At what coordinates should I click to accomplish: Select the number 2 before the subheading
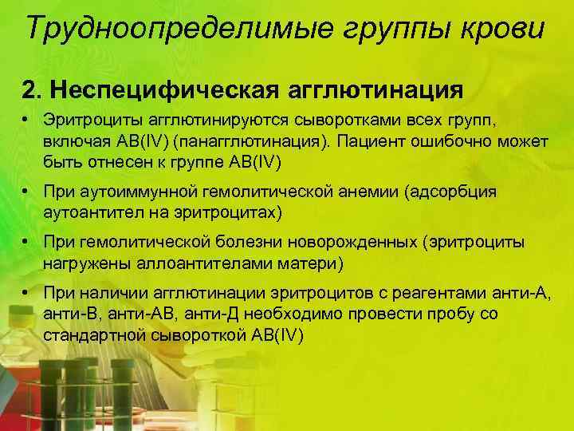(28, 89)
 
